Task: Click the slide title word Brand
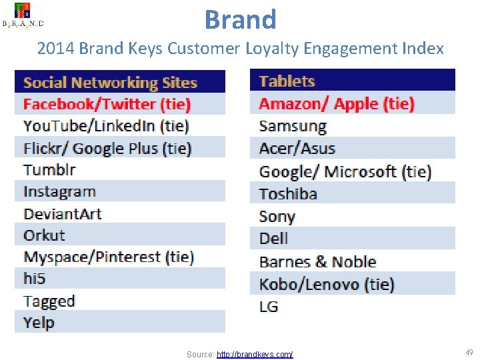[240, 19]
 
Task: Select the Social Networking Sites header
[111, 83]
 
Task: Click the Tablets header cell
[287, 81]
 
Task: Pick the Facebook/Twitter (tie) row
[107, 104]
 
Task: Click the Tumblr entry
[50, 169]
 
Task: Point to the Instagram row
[60, 191]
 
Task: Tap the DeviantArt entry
[63, 214]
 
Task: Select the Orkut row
[45, 235]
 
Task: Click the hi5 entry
[34, 279]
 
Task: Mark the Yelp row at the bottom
[39, 323]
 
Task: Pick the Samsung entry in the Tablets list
[293, 126]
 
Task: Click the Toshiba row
[288, 194]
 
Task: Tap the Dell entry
[274, 238]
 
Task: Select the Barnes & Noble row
[318, 261]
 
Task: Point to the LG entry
[269, 307]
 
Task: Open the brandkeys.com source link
[255, 354]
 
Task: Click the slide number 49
[469, 352]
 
